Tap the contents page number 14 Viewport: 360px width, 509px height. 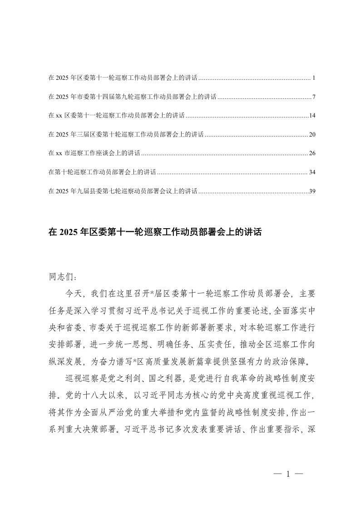click(x=312, y=116)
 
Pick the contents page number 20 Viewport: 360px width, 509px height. click(x=312, y=135)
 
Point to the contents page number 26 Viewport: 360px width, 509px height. click(x=312, y=154)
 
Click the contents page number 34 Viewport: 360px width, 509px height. click(x=312, y=172)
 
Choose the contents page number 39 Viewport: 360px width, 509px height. click(x=312, y=191)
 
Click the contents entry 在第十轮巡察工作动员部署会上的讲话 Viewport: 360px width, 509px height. click(x=102, y=172)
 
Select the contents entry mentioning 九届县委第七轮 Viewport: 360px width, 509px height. click(x=123, y=191)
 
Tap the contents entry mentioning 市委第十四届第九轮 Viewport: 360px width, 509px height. click(x=132, y=97)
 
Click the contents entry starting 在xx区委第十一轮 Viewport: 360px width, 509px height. click(x=116, y=116)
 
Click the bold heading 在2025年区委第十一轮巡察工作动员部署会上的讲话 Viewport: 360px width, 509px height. click(x=156, y=232)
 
